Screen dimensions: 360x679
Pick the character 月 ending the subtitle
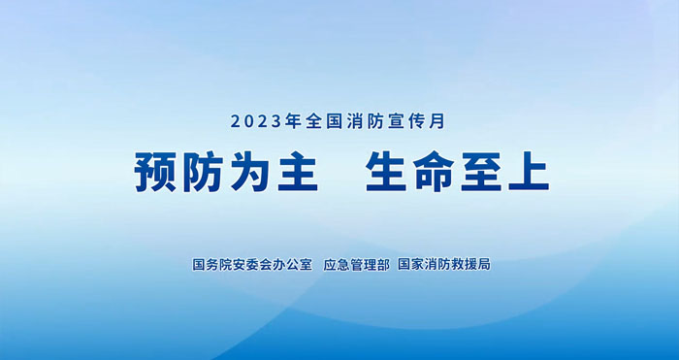click(438, 123)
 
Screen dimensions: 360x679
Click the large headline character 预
click(155, 174)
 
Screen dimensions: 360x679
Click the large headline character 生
click(387, 174)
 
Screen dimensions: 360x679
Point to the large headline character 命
click(439, 174)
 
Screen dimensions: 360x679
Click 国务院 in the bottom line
click(210, 264)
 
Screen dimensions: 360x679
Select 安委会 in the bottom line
click(246, 264)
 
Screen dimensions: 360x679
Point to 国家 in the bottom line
click(410, 264)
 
